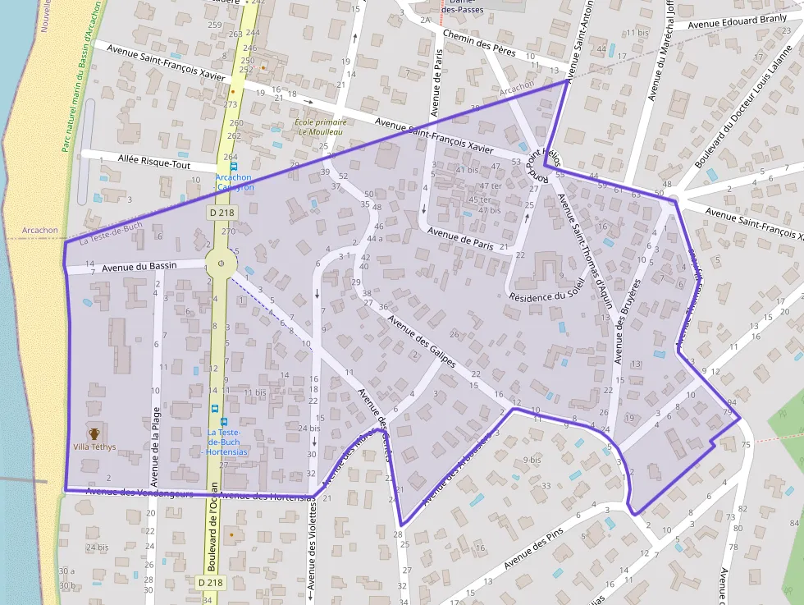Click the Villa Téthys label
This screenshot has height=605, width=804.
[x=94, y=447]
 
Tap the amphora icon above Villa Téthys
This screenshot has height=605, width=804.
[x=94, y=433]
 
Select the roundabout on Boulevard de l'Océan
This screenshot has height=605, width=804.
[x=221, y=264]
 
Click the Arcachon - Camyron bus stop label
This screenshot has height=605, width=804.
[x=235, y=182]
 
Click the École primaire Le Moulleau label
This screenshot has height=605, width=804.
[x=320, y=127]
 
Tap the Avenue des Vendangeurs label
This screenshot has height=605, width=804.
[x=139, y=493]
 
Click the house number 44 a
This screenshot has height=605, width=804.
[x=374, y=238]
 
